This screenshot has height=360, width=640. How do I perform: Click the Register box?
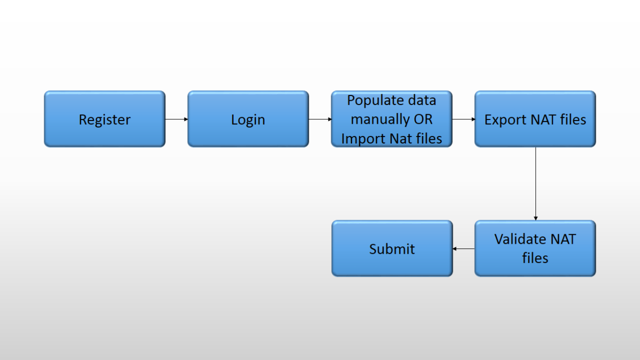click(105, 119)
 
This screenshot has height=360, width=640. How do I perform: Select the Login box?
click(248, 119)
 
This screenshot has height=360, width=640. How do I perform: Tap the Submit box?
click(392, 249)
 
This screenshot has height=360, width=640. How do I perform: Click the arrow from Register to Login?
click(177, 119)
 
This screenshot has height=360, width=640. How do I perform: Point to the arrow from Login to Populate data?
click(320, 119)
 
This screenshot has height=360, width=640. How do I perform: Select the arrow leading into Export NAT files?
click(463, 119)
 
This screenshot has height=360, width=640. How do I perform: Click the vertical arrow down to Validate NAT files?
click(535, 183)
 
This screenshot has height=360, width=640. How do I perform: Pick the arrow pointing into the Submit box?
click(463, 249)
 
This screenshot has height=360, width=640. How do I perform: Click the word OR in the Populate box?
click(423, 119)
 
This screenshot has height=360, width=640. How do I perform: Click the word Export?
click(505, 119)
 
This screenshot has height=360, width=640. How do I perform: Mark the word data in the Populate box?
click(422, 100)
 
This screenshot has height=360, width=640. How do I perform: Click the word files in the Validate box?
click(535, 258)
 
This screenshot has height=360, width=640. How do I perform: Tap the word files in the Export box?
click(572, 119)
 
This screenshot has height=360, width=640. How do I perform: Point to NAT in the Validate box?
click(562, 239)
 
